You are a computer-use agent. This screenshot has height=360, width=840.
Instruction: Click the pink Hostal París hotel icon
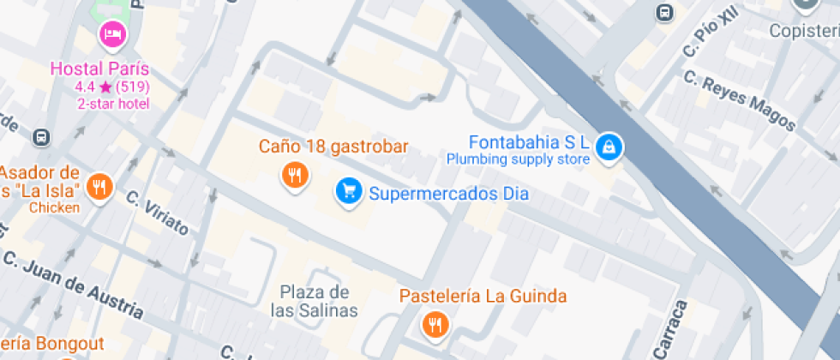point(112,35)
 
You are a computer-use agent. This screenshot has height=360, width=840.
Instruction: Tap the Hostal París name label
point(100,69)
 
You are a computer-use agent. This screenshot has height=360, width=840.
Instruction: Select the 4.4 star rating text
point(112,87)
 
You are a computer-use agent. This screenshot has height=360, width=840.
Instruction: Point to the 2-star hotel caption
point(113,104)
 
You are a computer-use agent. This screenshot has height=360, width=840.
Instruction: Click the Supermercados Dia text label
point(448,194)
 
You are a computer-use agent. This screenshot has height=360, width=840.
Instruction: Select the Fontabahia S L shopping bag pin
point(609,146)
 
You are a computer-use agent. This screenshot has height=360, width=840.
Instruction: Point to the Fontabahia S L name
point(528,141)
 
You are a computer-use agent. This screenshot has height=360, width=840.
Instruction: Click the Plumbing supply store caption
point(518,159)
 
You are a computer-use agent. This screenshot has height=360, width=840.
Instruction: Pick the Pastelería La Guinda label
point(483,297)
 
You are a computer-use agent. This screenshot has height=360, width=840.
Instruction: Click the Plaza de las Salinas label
point(315,301)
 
